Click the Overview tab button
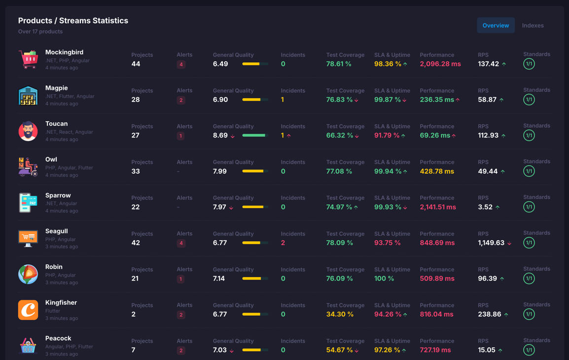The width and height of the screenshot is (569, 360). (496, 26)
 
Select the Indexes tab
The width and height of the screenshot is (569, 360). (533, 26)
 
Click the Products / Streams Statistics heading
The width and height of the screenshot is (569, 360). (73, 21)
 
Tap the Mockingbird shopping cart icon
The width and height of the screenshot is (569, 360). (28, 59)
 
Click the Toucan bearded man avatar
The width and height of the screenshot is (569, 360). (28, 131)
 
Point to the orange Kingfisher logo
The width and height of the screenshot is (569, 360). (28, 310)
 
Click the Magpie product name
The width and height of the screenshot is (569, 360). (56, 88)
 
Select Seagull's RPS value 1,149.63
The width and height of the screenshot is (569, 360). (491, 243)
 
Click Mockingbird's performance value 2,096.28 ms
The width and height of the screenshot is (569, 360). (440, 64)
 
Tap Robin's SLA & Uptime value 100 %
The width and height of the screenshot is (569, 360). (384, 279)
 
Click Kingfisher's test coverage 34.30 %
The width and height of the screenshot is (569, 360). (340, 314)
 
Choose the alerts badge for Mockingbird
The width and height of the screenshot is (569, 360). (181, 65)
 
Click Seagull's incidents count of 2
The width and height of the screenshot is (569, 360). (283, 243)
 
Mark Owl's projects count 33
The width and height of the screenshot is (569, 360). (136, 171)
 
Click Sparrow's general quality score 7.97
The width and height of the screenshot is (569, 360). (219, 207)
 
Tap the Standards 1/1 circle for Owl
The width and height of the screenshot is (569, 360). (529, 171)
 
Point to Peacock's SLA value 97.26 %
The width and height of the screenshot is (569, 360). (387, 350)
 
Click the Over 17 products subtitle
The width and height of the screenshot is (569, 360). (40, 32)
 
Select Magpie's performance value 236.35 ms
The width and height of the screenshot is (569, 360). (436, 100)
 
